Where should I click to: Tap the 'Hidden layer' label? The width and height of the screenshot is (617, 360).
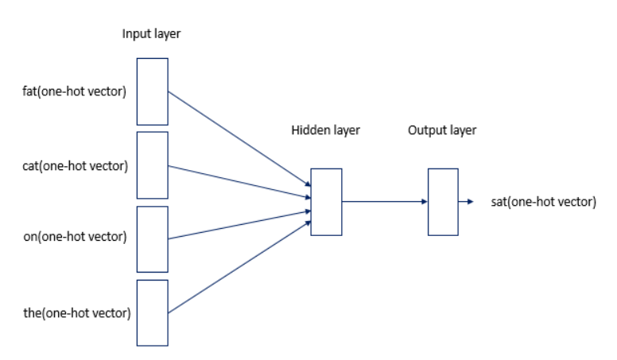[x=326, y=130]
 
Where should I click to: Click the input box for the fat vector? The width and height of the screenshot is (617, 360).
[x=152, y=91]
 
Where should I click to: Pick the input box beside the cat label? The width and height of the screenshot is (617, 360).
[x=152, y=165]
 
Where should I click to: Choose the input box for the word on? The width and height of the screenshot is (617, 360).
[x=152, y=238]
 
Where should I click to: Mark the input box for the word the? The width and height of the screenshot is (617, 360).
[x=152, y=312]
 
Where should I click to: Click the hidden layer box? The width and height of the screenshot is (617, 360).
[x=326, y=202]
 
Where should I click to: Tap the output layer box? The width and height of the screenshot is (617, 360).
[x=443, y=202]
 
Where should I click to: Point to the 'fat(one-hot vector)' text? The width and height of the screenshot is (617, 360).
[x=75, y=91]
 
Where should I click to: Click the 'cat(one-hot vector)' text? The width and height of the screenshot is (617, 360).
[x=75, y=165]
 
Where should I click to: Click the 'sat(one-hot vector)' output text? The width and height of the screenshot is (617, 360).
[x=544, y=202]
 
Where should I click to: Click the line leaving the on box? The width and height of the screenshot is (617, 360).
[x=239, y=225]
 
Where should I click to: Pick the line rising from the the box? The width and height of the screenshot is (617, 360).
[x=239, y=267]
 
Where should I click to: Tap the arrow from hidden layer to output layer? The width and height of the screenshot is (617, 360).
[x=385, y=202]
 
